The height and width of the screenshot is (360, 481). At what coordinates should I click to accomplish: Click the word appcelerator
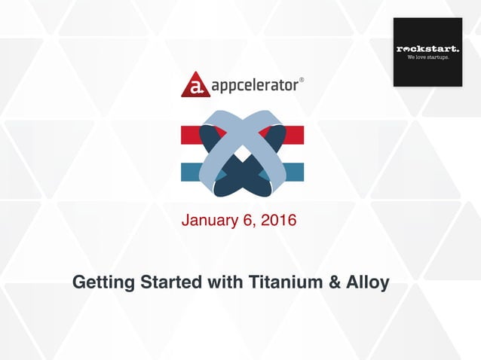(252, 84)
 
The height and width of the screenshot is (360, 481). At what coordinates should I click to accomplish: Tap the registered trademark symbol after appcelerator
(302, 78)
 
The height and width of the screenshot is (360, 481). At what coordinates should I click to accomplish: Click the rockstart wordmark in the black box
(427, 49)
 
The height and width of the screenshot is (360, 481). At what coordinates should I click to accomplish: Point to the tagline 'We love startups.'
(427, 57)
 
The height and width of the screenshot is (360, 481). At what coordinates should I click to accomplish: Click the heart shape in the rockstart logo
(408, 49)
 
